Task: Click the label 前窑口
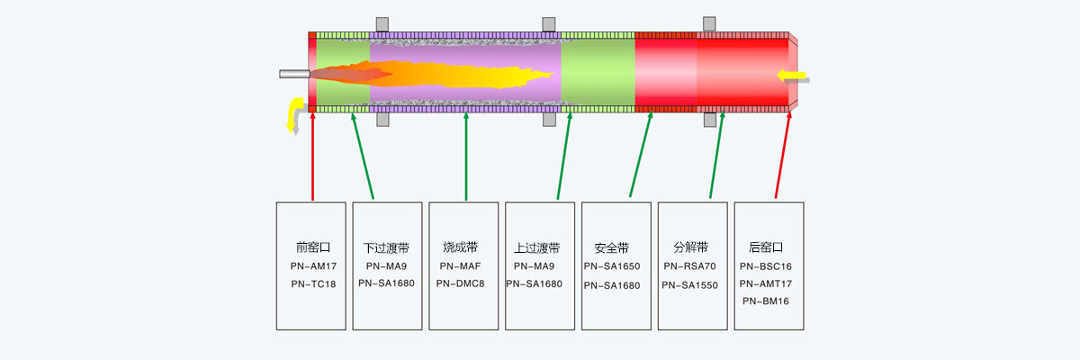tap(313, 247)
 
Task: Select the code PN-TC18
tap(313, 284)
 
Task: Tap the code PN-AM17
tap(313, 266)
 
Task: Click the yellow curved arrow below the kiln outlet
tap(293, 114)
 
